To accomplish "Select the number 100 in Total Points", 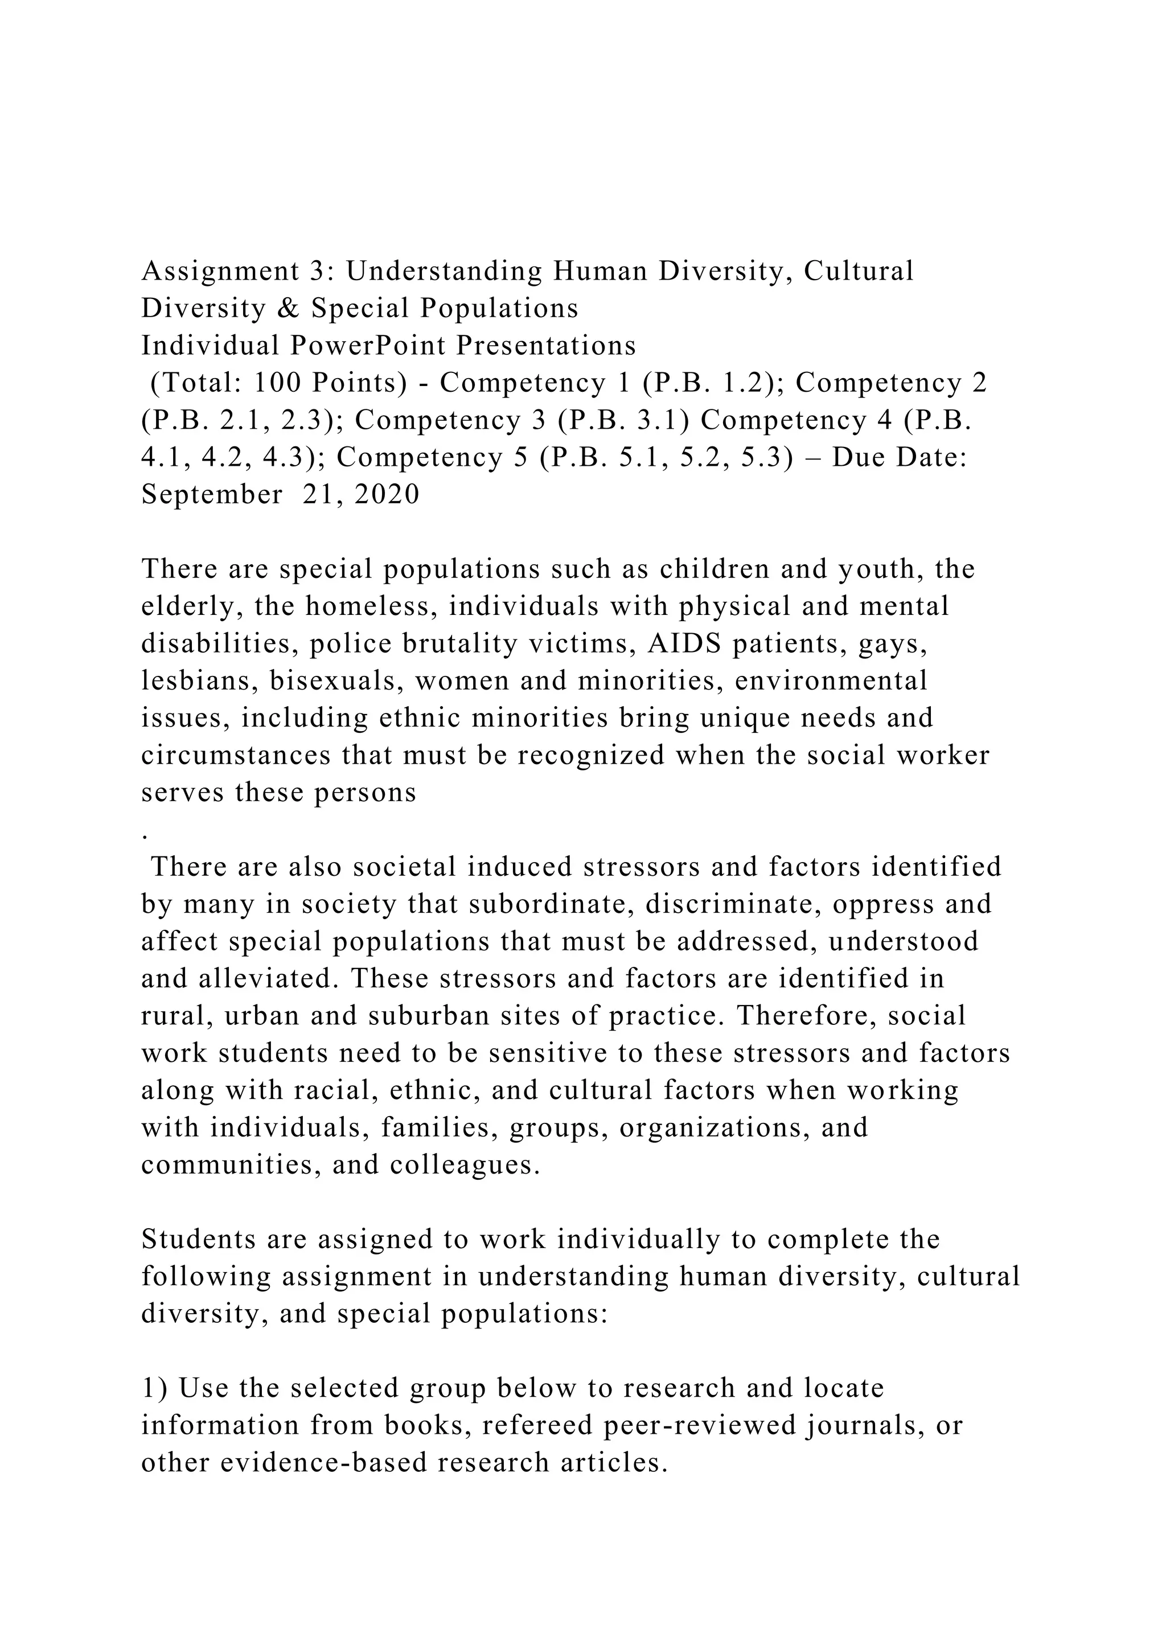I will pyautogui.click(x=278, y=384).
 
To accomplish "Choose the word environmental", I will pyautogui.click(x=831, y=681).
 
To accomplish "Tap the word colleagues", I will pyautogui.click(x=465, y=1166).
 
